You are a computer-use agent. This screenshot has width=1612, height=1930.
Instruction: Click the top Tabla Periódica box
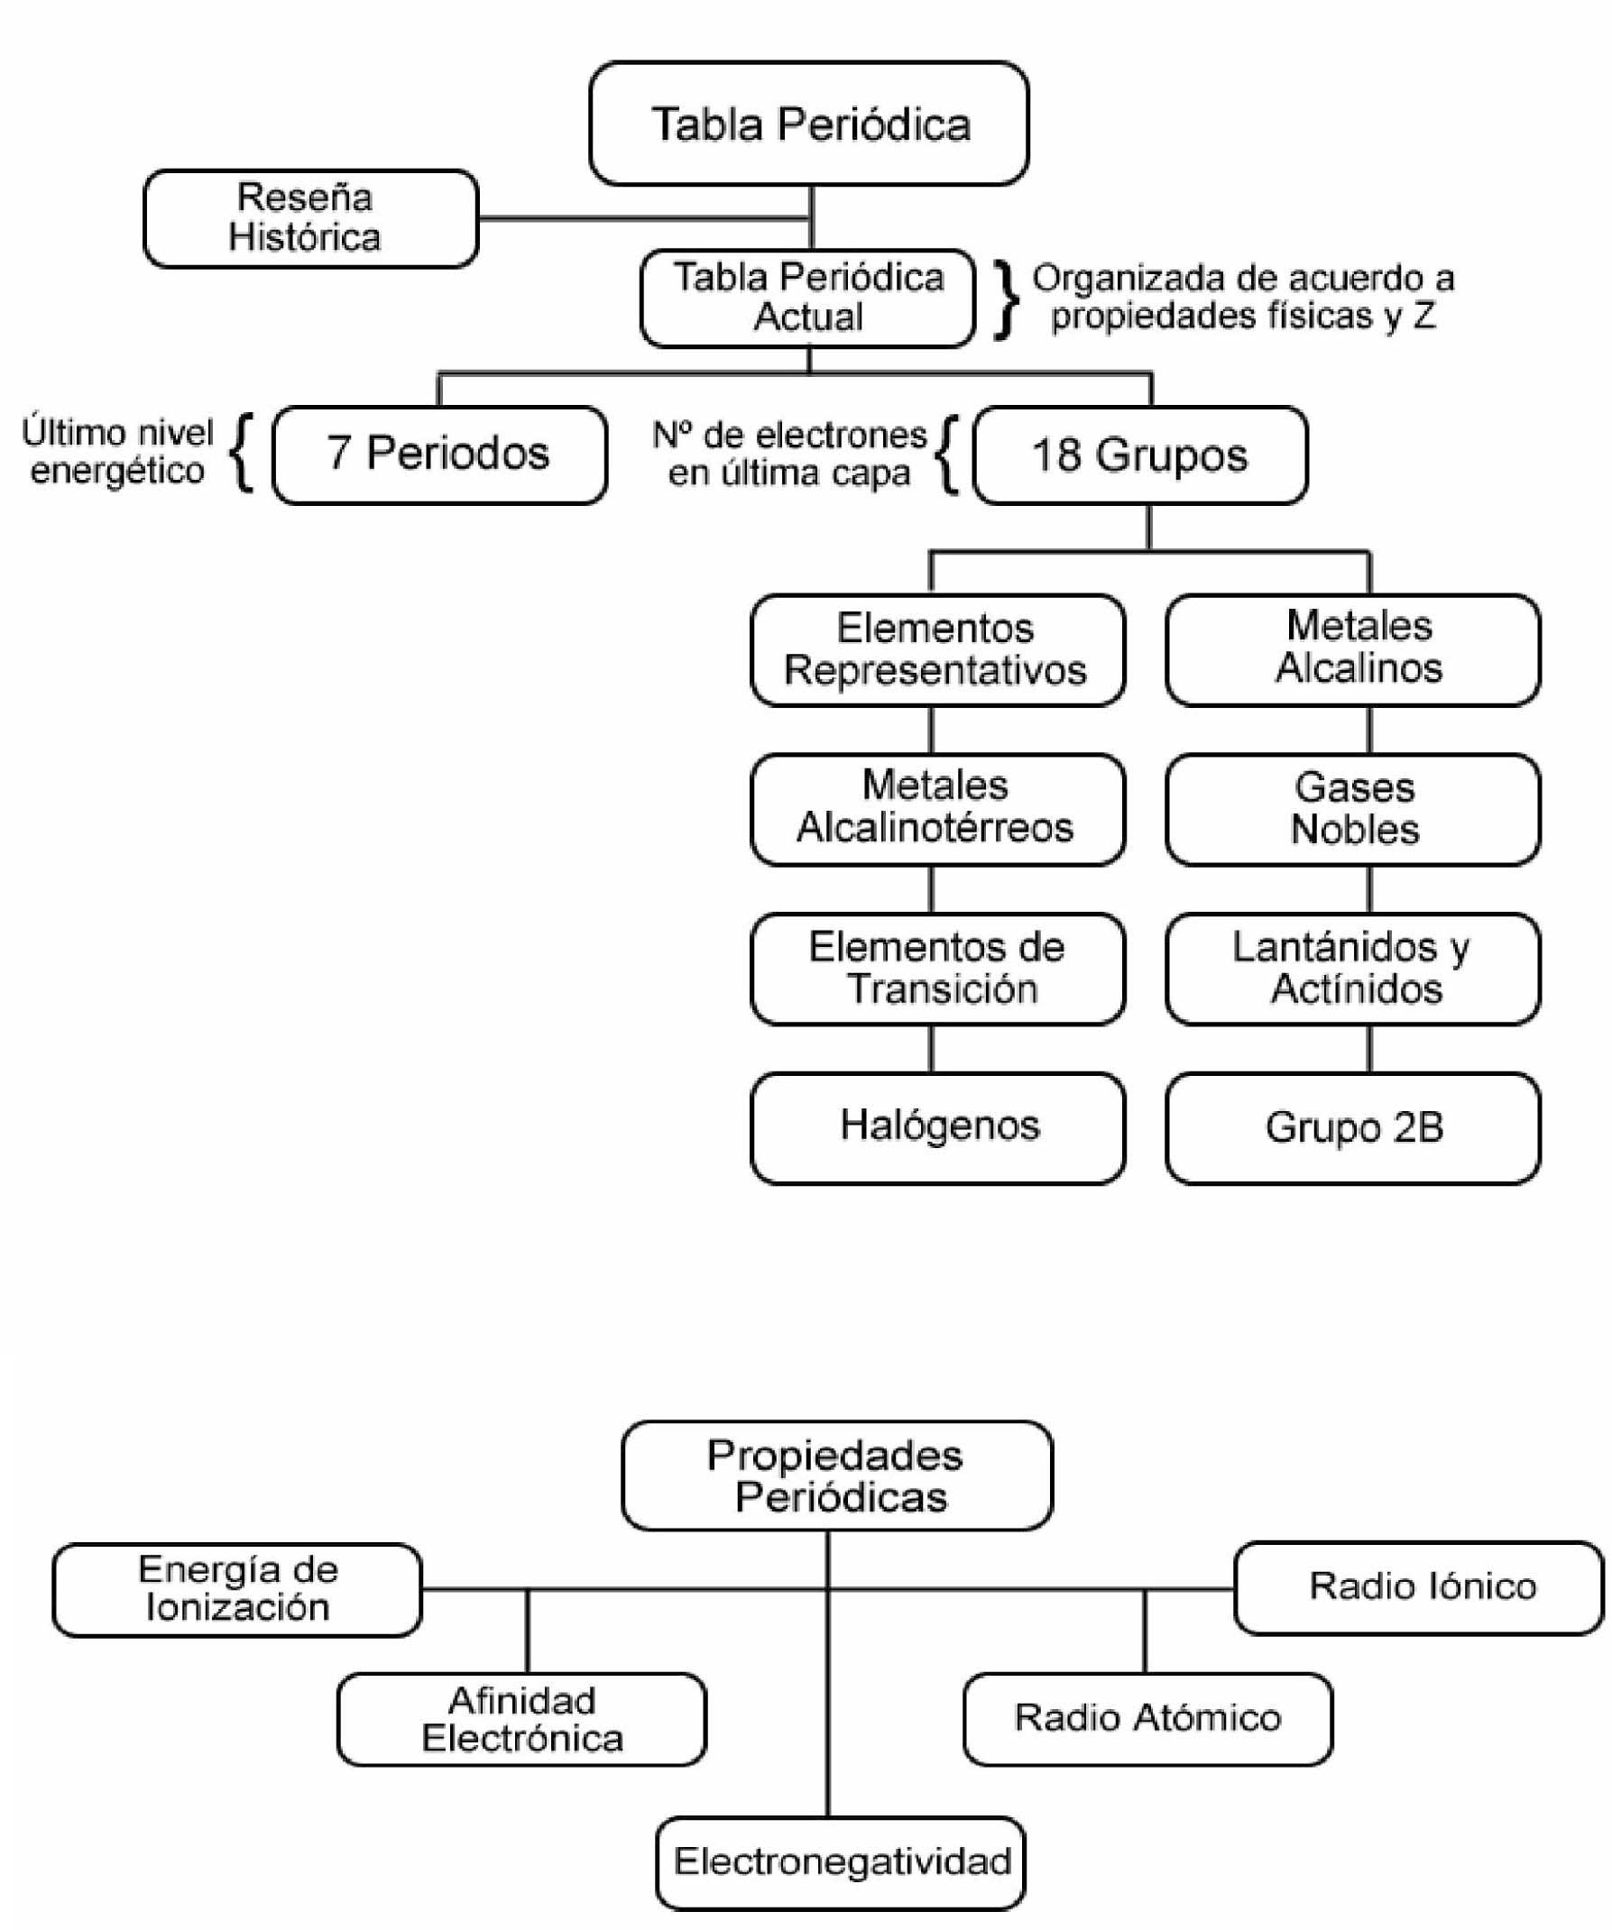[x=809, y=124]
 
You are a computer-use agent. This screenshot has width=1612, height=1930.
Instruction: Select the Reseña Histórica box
[x=310, y=219]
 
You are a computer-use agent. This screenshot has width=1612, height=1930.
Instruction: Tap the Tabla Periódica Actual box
[x=808, y=298]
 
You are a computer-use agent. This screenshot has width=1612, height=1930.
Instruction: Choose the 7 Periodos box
[x=439, y=455]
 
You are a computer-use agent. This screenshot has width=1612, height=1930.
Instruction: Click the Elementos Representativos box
[x=937, y=649]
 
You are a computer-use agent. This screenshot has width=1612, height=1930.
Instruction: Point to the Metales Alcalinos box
[x=1353, y=649]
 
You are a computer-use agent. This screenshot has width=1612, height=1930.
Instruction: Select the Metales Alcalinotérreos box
[x=937, y=809]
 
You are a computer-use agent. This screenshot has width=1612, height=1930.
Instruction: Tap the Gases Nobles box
[x=1353, y=809]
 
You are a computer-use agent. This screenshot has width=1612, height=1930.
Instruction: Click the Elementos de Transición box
[x=937, y=969]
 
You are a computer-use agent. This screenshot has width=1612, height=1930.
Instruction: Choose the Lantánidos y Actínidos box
[x=1353, y=969]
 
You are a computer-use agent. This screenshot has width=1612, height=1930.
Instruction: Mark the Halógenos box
[x=937, y=1127]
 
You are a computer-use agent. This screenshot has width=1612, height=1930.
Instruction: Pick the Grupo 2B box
[x=1353, y=1127]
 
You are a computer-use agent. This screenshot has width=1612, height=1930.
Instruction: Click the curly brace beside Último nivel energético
[x=243, y=452]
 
